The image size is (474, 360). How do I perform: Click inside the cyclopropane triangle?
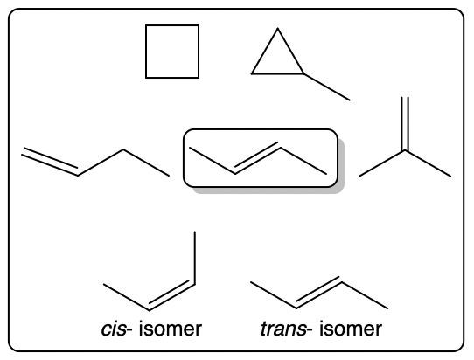click(x=277, y=59)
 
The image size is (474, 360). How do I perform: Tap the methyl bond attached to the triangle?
click(x=327, y=87)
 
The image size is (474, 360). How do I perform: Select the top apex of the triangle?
click(x=277, y=28)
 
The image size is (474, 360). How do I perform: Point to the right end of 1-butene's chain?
click(x=169, y=176)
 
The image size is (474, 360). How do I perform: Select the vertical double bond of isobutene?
click(x=405, y=124)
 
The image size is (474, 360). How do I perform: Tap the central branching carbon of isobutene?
click(x=405, y=150)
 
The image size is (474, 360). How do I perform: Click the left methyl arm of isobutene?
click(x=382, y=163)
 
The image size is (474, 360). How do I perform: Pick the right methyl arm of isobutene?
click(x=428, y=163)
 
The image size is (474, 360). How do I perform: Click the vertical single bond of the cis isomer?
click(x=195, y=258)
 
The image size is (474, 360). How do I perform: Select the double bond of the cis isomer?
click(x=171, y=295)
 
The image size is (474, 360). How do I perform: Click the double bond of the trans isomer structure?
click(x=319, y=293)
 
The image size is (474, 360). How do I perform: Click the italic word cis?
click(x=114, y=329)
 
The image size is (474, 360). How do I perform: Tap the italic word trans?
click(x=283, y=329)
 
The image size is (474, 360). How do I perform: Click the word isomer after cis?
click(x=171, y=329)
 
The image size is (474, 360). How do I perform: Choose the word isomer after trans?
click(x=351, y=329)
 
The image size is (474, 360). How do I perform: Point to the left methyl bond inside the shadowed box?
click(x=213, y=161)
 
